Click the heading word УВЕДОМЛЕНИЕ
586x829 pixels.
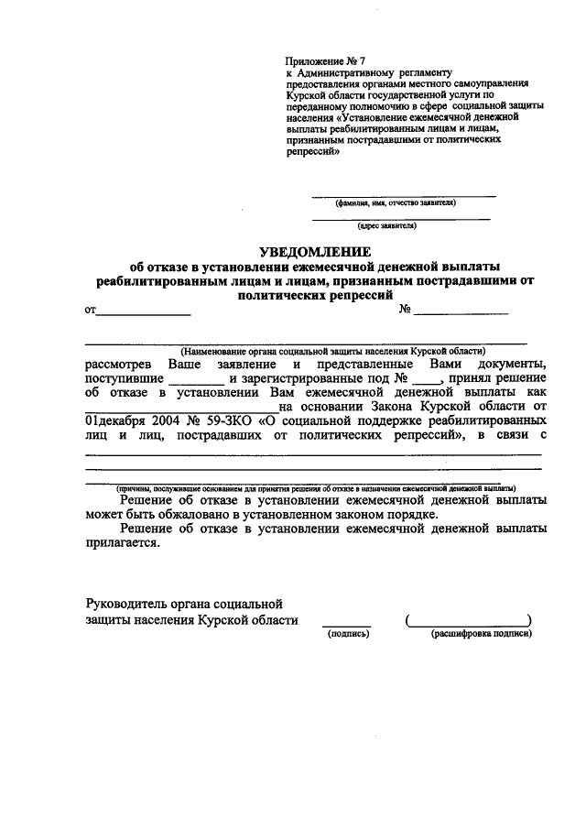point(314,252)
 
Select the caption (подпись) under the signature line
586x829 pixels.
point(347,632)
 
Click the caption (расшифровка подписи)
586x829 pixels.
point(482,632)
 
